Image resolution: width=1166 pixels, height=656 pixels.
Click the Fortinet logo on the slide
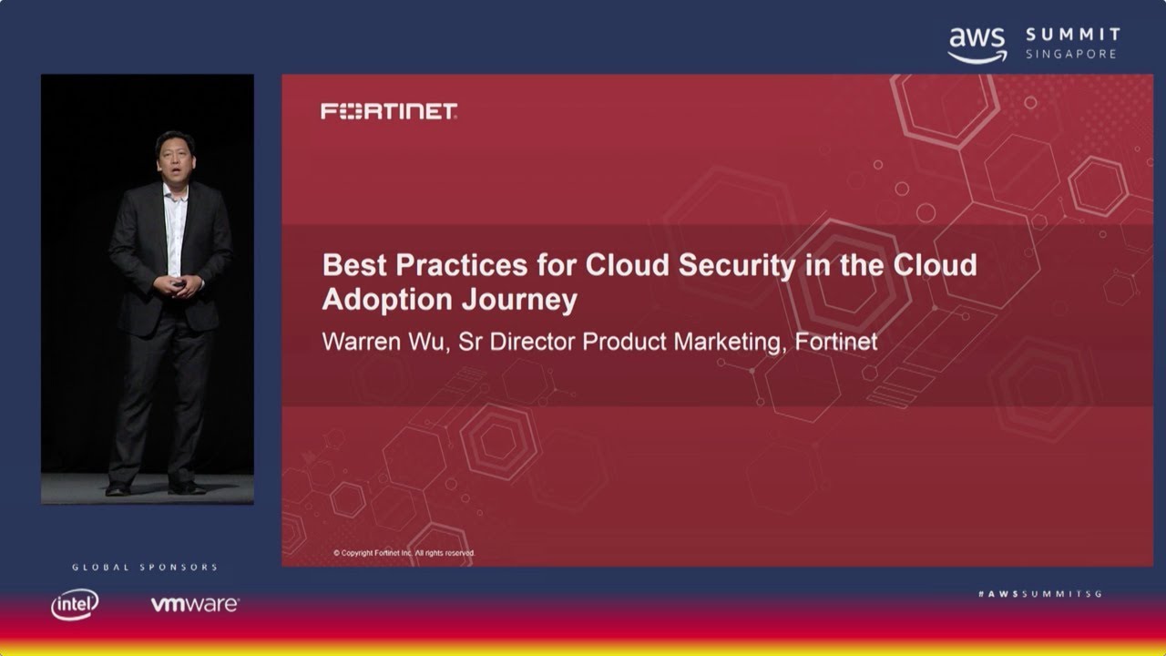pyautogui.click(x=389, y=111)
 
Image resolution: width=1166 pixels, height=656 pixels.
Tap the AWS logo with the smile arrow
pyautogui.click(x=977, y=44)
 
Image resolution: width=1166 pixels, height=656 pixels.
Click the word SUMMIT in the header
pyautogui.click(x=1072, y=36)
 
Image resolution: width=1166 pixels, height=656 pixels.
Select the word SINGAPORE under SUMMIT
pyautogui.click(x=1072, y=55)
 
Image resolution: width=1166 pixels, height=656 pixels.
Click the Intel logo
pyautogui.click(x=75, y=604)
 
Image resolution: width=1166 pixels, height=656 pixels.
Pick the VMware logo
pyautogui.click(x=194, y=604)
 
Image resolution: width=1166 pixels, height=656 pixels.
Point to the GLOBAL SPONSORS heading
pyautogui.click(x=145, y=568)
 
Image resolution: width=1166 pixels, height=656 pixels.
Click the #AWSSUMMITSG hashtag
pyautogui.click(x=1039, y=593)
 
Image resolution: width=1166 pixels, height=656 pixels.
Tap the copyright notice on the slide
pyautogui.click(x=404, y=553)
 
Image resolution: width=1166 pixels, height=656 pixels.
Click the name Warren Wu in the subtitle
pyautogui.click(x=382, y=343)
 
